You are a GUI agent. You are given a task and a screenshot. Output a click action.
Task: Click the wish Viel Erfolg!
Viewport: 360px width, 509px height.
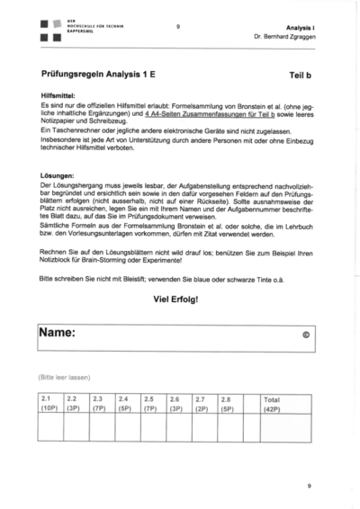pyautogui.click(x=176, y=299)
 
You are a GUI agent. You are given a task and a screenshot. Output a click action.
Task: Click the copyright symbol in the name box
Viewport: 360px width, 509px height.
pyautogui.click(x=306, y=335)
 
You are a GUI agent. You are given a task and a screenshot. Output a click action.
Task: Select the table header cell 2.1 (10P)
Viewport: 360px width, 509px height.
pyautogui.click(x=49, y=403)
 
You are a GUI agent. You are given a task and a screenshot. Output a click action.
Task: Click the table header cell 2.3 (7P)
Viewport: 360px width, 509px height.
pyautogui.click(x=100, y=403)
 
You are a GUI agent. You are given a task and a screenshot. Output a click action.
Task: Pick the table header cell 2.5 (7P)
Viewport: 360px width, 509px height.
pyautogui.click(x=150, y=403)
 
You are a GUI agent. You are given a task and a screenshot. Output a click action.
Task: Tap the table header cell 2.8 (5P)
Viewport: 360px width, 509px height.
pyautogui.click(x=229, y=403)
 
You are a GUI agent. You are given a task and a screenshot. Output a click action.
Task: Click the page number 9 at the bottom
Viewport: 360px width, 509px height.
pyautogui.click(x=308, y=486)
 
